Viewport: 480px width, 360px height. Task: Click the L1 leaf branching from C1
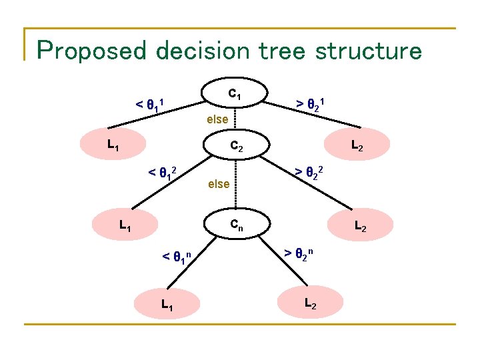click(x=110, y=143)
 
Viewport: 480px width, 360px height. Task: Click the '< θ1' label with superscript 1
click(x=150, y=105)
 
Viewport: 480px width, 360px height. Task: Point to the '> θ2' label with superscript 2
click(x=310, y=174)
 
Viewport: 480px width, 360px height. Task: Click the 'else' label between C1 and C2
click(x=218, y=121)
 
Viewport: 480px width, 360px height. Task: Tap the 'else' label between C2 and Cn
click(x=219, y=183)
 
